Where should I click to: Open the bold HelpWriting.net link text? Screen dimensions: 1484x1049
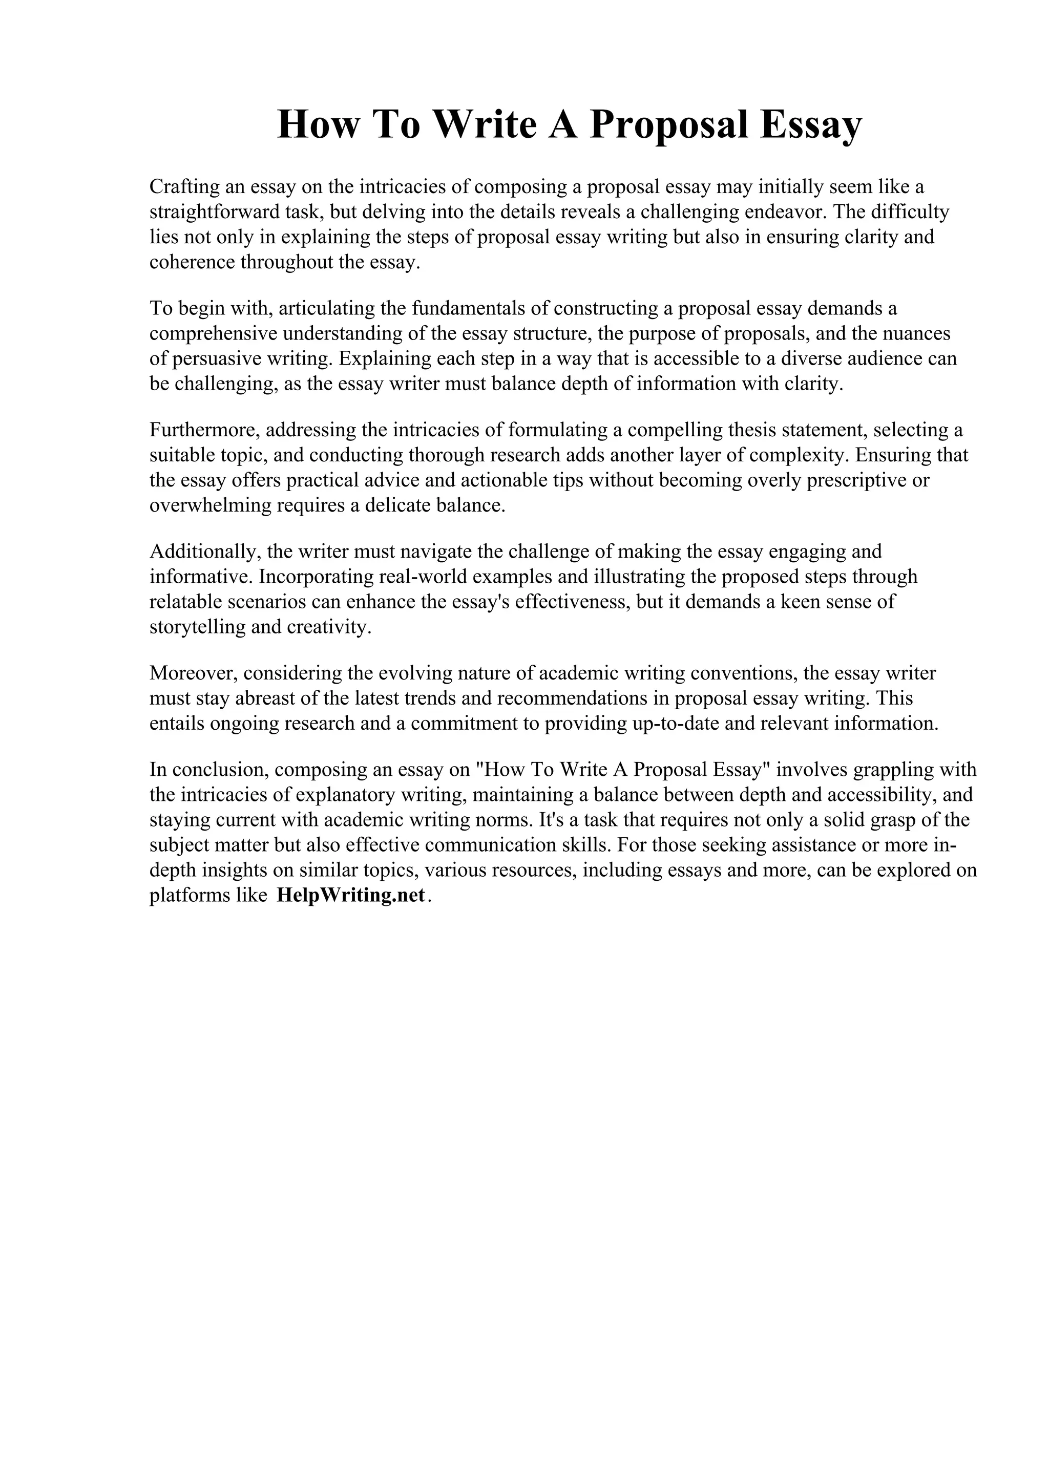click(351, 896)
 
